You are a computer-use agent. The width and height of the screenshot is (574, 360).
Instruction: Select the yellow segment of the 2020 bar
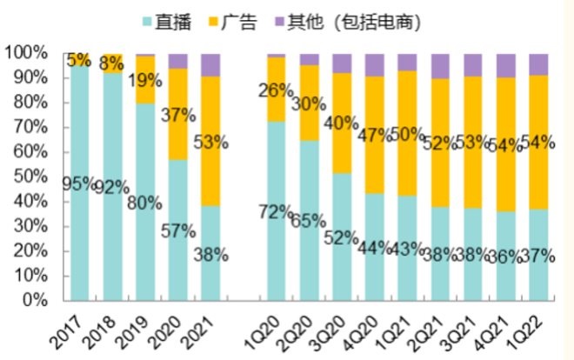[178, 114]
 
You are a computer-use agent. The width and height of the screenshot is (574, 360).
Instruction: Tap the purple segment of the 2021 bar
[210, 64]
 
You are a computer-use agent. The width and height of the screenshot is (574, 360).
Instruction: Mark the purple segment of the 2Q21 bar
[441, 65]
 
